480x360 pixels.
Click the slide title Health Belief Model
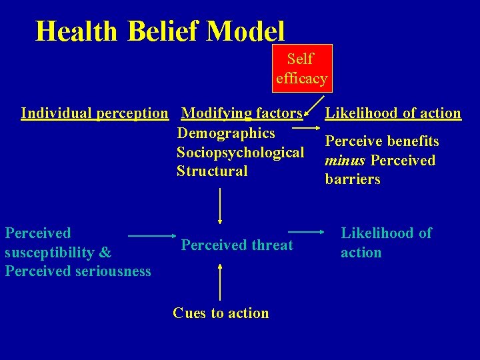(160, 31)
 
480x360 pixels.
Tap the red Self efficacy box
(301, 68)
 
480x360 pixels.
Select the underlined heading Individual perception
(95, 113)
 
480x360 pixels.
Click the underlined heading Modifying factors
(242, 113)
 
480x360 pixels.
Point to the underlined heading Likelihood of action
(393, 113)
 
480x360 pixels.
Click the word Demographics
(226, 133)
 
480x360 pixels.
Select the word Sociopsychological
(240, 152)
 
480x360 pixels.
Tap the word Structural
(212, 171)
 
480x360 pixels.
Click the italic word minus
(345, 161)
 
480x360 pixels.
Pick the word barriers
(353, 179)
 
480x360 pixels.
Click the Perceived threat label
(237, 245)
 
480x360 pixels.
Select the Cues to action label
(221, 313)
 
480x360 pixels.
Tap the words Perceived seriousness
(78, 271)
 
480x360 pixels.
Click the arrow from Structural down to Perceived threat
(220, 207)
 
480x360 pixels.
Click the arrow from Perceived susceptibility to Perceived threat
(151, 236)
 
